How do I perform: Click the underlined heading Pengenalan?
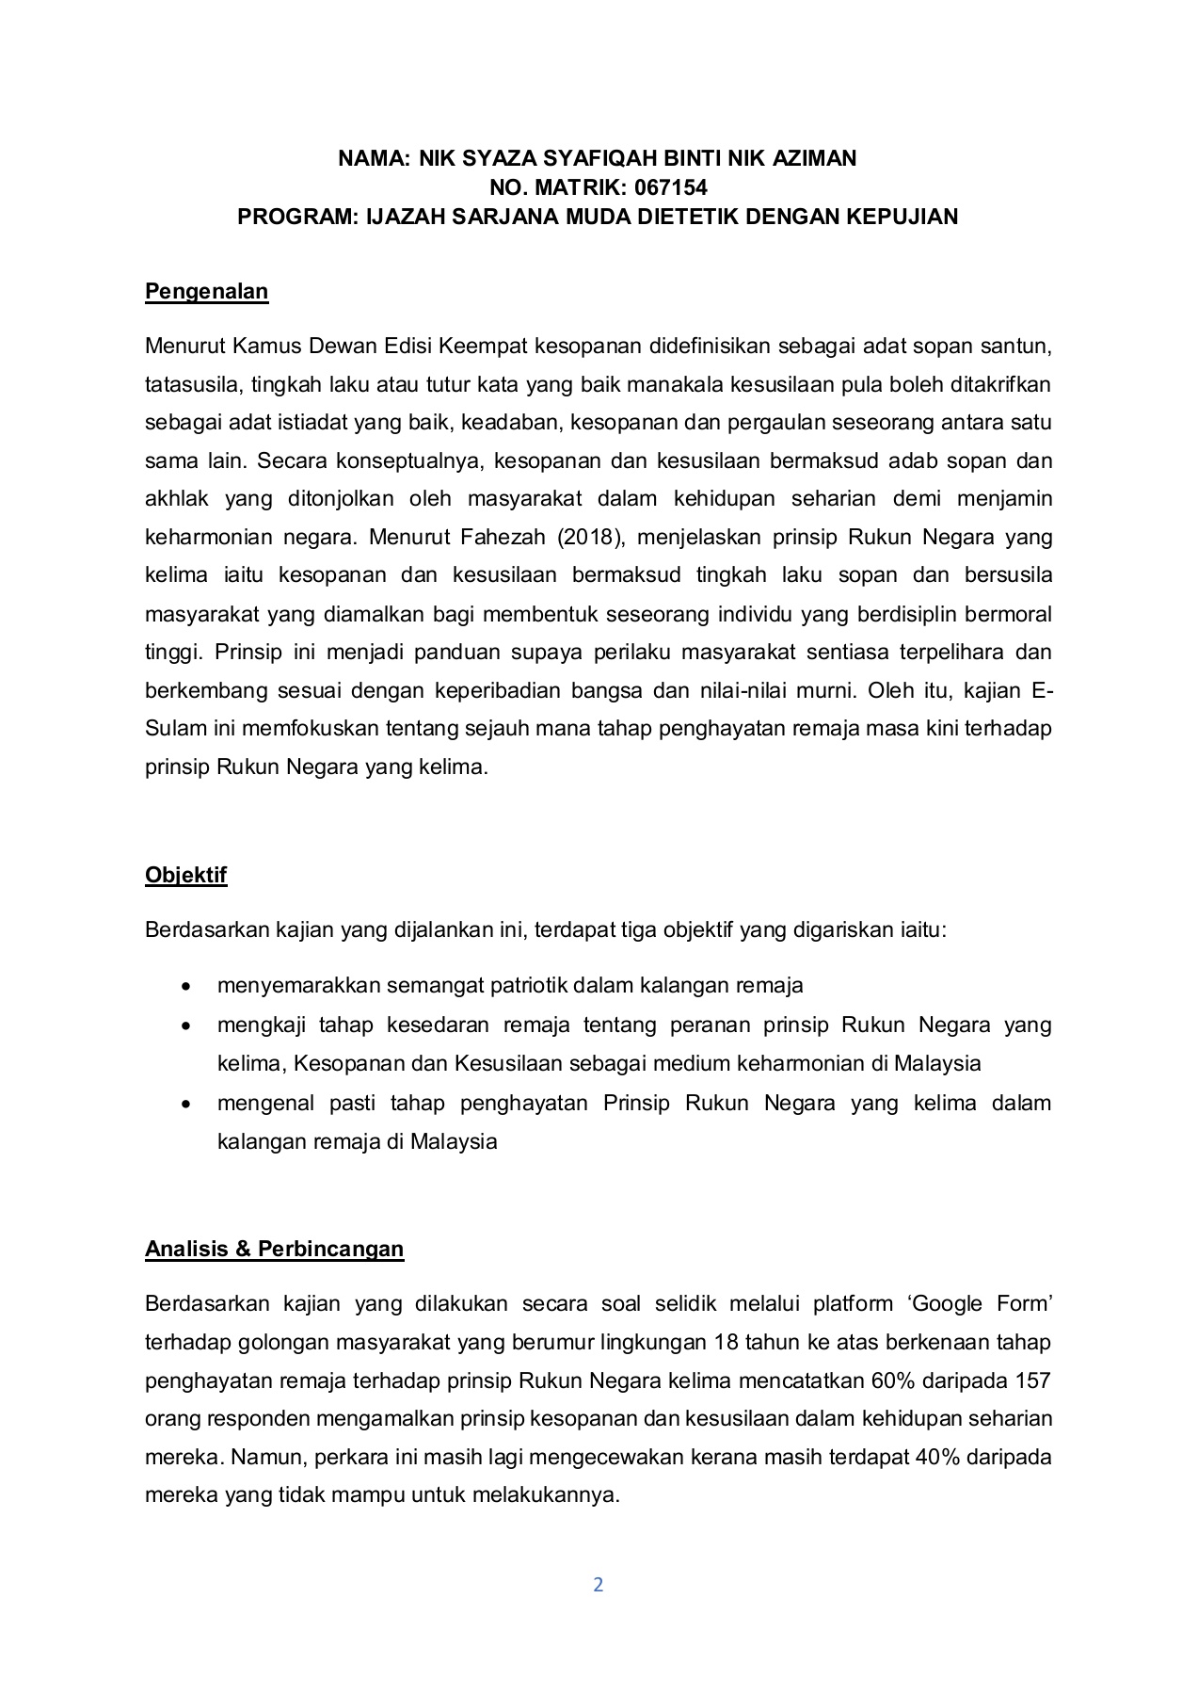(x=206, y=292)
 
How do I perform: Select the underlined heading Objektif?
(x=185, y=875)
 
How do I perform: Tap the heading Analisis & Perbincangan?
(x=274, y=1249)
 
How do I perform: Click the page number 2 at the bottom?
(x=599, y=1585)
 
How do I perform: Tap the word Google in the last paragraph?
(x=952, y=1304)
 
